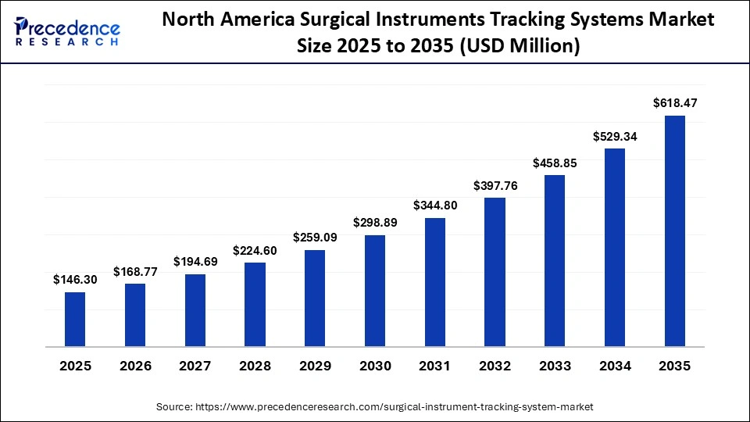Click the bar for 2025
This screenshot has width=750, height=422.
[75, 319]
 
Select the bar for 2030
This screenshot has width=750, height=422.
[375, 290]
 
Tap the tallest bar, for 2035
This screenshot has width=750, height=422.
[675, 231]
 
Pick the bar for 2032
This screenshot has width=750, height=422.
[495, 271]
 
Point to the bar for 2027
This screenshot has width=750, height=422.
[195, 309]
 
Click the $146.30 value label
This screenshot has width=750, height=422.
[75, 279]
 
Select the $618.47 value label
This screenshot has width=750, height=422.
[675, 102]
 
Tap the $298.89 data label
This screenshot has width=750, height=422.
[375, 223]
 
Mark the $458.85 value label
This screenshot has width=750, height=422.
[555, 163]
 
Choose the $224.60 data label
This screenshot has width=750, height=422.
[255, 250]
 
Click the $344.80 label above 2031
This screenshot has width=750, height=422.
[435, 205]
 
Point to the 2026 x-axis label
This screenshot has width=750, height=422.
[135, 366]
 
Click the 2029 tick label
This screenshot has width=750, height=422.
[315, 366]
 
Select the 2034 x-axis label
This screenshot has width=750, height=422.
[615, 366]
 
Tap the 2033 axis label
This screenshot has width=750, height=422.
[555, 366]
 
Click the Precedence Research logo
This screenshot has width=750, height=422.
[67, 31]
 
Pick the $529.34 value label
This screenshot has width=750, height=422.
[615, 136]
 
